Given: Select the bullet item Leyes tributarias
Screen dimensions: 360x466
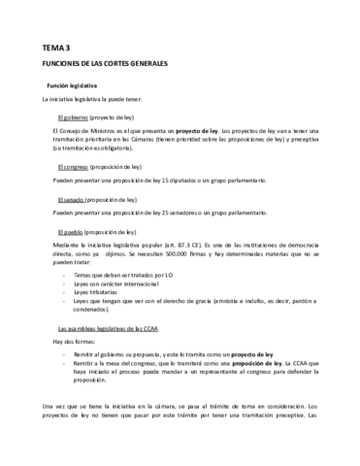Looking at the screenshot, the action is point(104,290).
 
